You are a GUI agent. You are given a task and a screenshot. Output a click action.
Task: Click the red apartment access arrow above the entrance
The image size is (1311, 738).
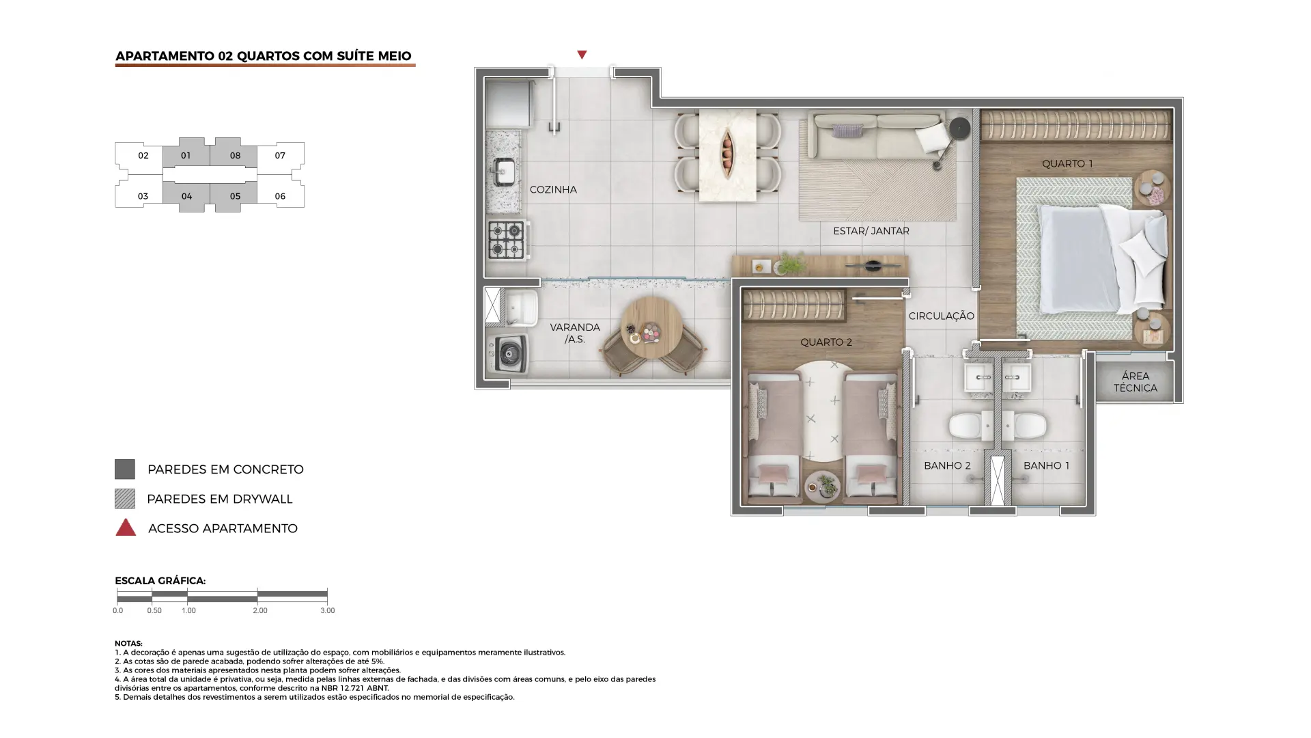[582, 55]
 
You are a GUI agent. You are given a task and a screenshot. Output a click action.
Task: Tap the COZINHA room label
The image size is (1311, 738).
[553, 189]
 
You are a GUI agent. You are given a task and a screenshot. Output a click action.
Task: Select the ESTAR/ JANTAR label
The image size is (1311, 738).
[871, 231]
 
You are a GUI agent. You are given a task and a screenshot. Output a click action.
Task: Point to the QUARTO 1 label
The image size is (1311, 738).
[1067, 163]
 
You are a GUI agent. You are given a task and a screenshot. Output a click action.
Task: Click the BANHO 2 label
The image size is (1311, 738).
[947, 465]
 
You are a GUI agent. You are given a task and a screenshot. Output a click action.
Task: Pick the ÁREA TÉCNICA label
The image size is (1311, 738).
[1135, 382]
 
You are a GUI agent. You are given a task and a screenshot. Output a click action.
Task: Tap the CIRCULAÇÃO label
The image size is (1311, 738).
[941, 316]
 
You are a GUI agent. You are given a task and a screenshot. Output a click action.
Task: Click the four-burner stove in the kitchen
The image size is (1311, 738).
[507, 240]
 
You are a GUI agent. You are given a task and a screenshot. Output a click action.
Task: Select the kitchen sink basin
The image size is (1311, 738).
[505, 171]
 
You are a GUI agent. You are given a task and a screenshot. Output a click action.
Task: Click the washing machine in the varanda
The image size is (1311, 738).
[508, 353]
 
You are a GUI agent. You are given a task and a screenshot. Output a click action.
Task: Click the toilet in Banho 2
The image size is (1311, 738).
[966, 426]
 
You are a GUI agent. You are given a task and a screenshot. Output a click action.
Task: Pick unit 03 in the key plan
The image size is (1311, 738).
[140, 195]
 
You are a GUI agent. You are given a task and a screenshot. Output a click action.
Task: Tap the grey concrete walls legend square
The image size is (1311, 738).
[125, 469]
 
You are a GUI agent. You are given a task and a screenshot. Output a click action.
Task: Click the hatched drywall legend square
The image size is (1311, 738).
[125, 499]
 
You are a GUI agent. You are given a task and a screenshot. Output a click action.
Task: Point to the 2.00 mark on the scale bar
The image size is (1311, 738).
[259, 610]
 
